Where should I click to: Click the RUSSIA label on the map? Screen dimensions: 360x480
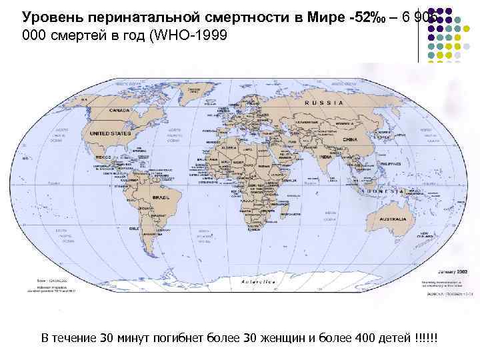[324, 103]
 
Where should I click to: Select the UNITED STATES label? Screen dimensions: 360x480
[110, 133]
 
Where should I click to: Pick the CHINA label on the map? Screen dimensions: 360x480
[349, 139]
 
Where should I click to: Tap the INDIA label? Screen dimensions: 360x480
[323, 157]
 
